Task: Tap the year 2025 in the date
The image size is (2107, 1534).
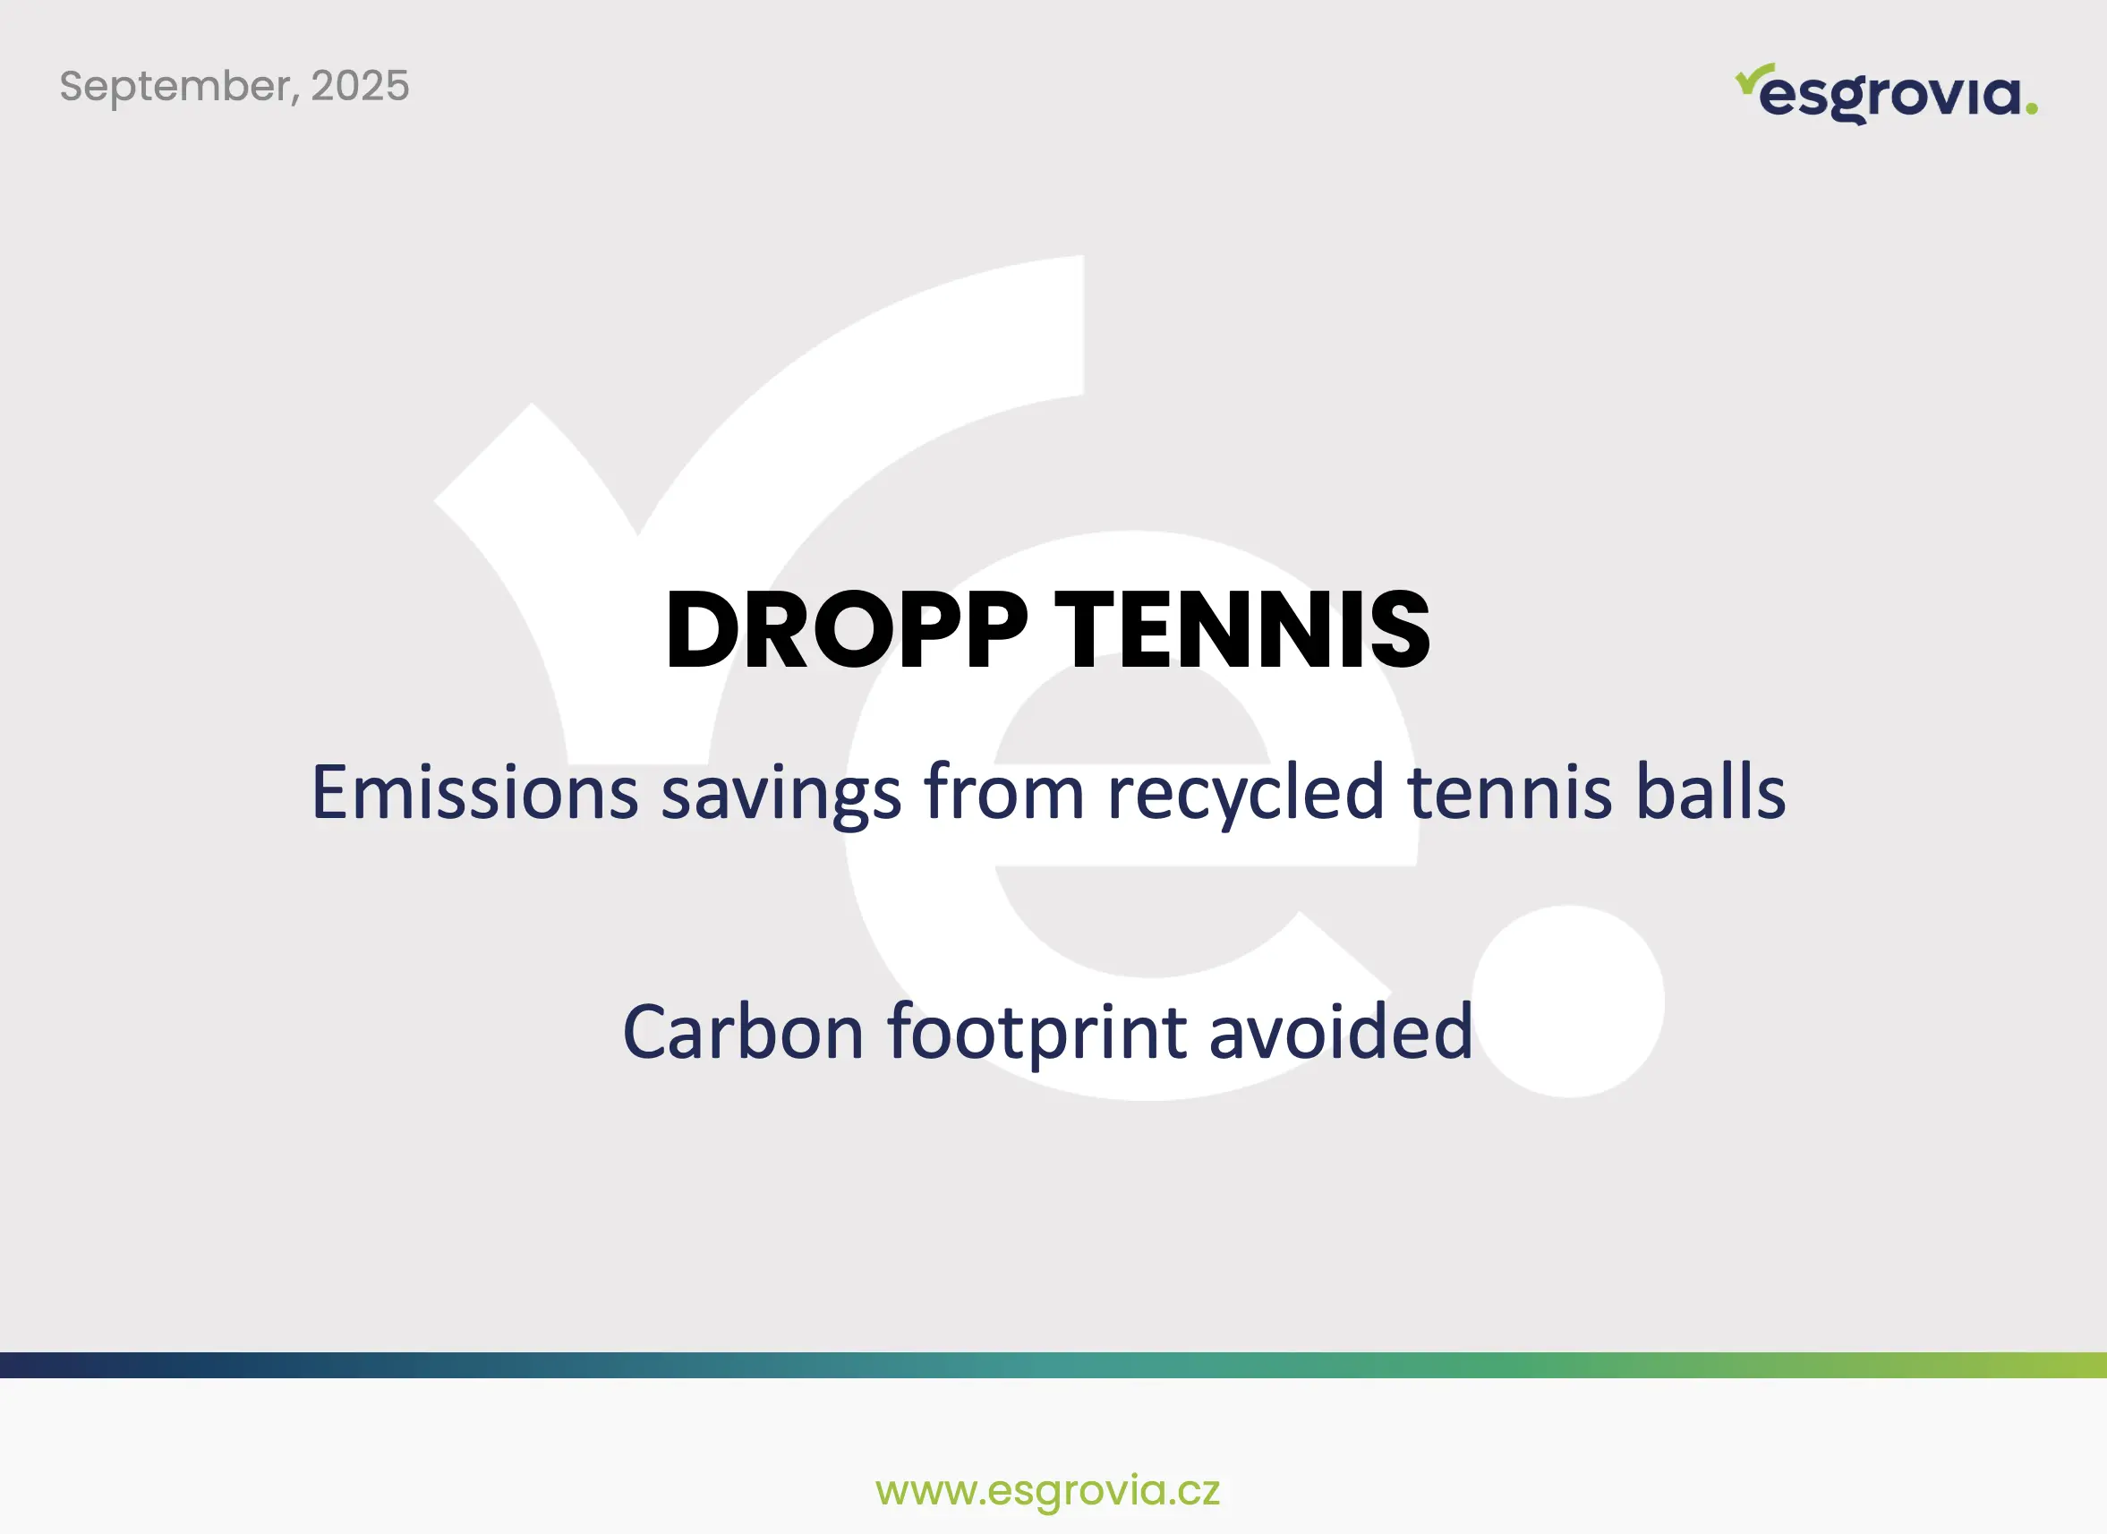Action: click(360, 86)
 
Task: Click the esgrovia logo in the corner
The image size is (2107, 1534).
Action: click(1886, 94)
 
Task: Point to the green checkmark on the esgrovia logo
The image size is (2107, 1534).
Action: click(1754, 78)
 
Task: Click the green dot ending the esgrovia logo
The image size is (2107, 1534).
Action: click(2031, 108)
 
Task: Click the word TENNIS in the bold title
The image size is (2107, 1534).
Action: click(1242, 629)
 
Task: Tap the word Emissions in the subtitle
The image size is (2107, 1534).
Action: click(474, 793)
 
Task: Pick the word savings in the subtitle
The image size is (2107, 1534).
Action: click(781, 797)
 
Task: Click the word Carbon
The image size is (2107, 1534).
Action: click(743, 1032)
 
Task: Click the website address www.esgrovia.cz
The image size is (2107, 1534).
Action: click(1048, 1490)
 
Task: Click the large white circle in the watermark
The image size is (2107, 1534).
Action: click(1568, 1001)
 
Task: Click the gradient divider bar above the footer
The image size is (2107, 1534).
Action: click(1053, 1365)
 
